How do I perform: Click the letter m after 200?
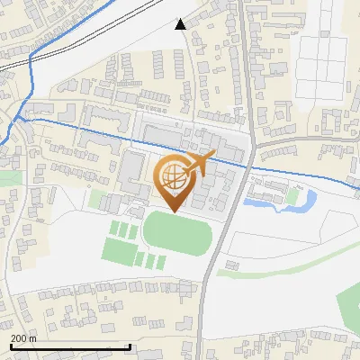point(32,338)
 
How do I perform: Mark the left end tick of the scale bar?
point(10,346)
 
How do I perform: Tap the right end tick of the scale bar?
point(130,346)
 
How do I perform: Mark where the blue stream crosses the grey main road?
point(249,166)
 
